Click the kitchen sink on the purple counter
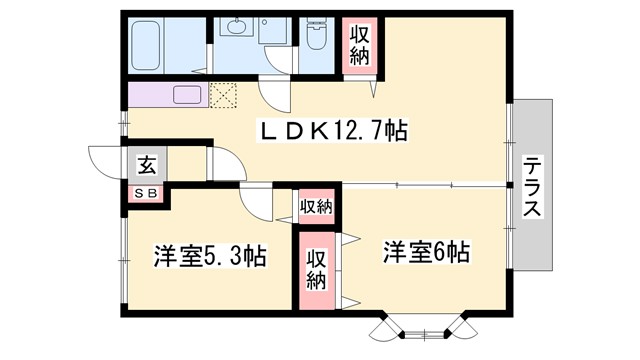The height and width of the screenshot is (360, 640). (188, 96)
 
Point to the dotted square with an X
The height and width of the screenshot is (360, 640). (222, 96)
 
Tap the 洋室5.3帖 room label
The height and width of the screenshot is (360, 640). (209, 256)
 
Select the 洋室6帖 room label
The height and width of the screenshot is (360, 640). (425, 252)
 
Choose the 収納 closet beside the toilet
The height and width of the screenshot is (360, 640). (359, 44)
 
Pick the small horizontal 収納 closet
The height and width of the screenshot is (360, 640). (316, 206)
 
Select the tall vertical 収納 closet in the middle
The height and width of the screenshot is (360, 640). (316, 268)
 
